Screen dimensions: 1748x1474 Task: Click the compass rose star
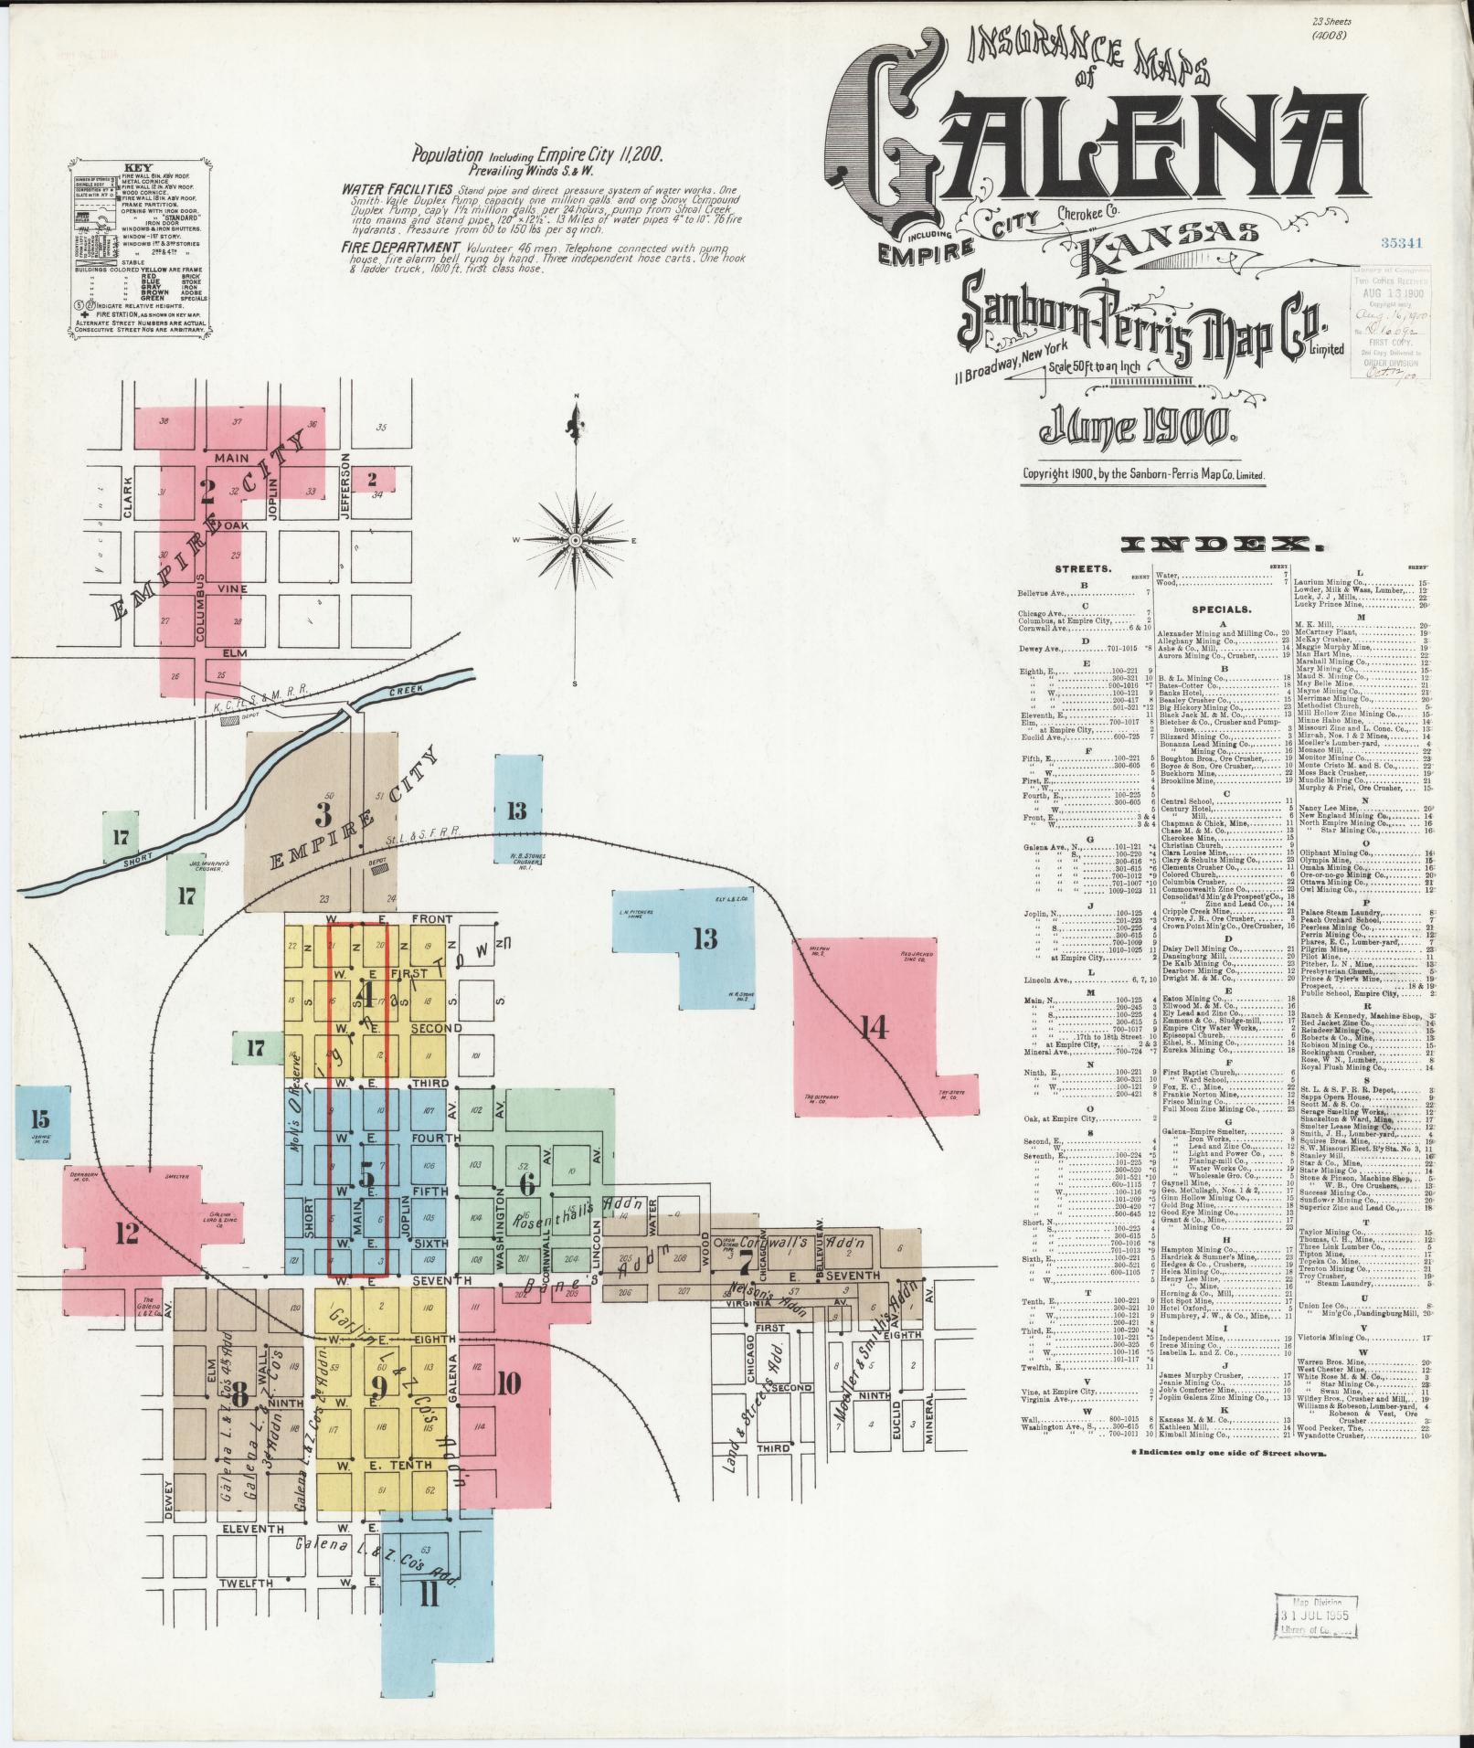click(x=576, y=541)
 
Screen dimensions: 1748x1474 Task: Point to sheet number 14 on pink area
click(x=872, y=1029)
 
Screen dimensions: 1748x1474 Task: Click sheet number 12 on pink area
click(x=126, y=1234)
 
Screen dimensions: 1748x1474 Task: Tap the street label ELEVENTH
click(x=251, y=1528)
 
